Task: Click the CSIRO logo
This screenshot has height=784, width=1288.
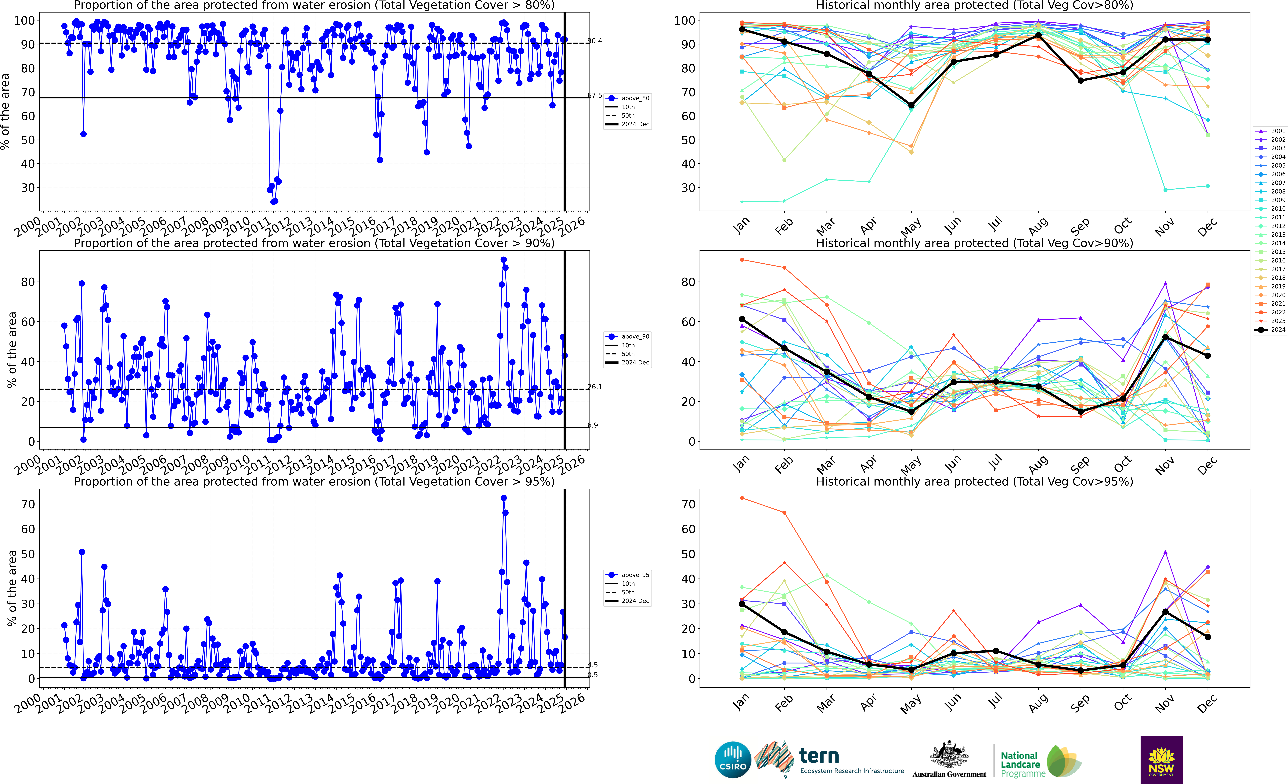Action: pyautogui.click(x=733, y=759)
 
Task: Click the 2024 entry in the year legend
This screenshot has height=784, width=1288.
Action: pyautogui.click(x=1270, y=330)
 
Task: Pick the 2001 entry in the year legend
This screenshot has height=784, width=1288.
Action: pyautogui.click(x=1270, y=131)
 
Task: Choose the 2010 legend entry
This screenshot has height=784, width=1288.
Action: pyautogui.click(x=1270, y=209)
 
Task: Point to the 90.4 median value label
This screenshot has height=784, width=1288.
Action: pyautogui.click(x=595, y=41)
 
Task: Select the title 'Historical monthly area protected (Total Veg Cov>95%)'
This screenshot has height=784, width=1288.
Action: pyautogui.click(x=974, y=481)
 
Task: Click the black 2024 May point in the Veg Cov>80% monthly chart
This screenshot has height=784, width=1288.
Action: pyautogui.click(x=911, y=106)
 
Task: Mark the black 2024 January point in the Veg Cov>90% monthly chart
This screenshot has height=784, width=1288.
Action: pyautogui.click(x=742, y=319)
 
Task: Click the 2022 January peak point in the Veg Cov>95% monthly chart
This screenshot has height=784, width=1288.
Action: pyautogui.click(x=742, y=498)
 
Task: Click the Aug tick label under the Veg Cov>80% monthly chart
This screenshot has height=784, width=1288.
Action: pyautogui.click(x=1038, y=226)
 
